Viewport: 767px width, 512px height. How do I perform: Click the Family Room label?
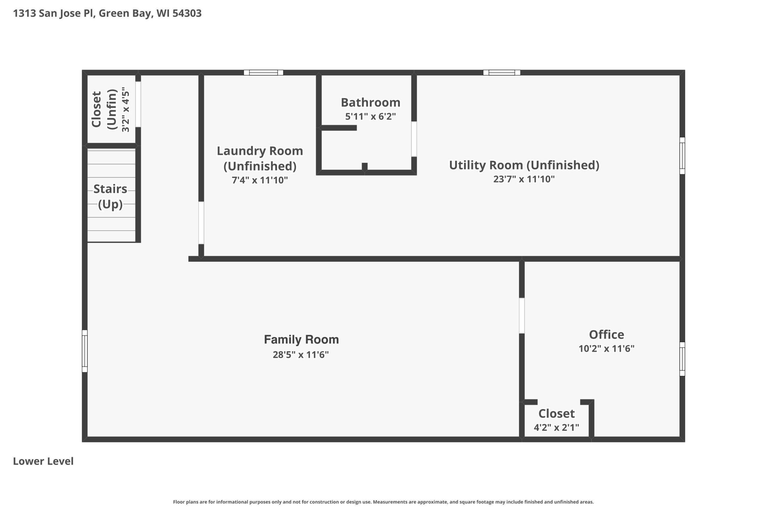click(x=301, y=340)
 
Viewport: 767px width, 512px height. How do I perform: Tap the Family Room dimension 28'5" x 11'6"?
click(x=301, y=355)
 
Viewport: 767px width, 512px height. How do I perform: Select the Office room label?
click(x=606, y=334)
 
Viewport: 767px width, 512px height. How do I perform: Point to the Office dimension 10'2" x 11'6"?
click(x=606, y=349)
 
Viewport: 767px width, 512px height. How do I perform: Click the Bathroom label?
click(x=370, y=103)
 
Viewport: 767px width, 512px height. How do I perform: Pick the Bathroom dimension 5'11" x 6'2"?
click(x=370, y=116)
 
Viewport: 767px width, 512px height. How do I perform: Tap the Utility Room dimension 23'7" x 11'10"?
click(x=524, y=179)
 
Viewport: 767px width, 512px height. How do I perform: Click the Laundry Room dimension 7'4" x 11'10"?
click(x=259, y=180)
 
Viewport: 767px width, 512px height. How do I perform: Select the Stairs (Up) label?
click(x=110, y=196)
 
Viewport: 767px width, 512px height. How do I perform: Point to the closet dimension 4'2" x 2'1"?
click(x=556, y=427)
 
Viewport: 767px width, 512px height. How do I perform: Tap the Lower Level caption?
click(x=43, y=461)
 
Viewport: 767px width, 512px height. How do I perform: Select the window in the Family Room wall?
click(x=84, y=351)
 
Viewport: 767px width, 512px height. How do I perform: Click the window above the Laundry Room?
click(x=263, y=73)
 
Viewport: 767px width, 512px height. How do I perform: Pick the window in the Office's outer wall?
click(x=682, y=359)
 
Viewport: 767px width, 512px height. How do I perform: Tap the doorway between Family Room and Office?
click(x=522, y=316)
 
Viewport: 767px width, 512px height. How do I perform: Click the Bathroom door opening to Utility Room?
click(x=414, y=139)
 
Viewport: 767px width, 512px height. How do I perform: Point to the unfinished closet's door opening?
click(x=138, y=104)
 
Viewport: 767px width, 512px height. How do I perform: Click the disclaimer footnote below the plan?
click(x=383, y=502)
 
